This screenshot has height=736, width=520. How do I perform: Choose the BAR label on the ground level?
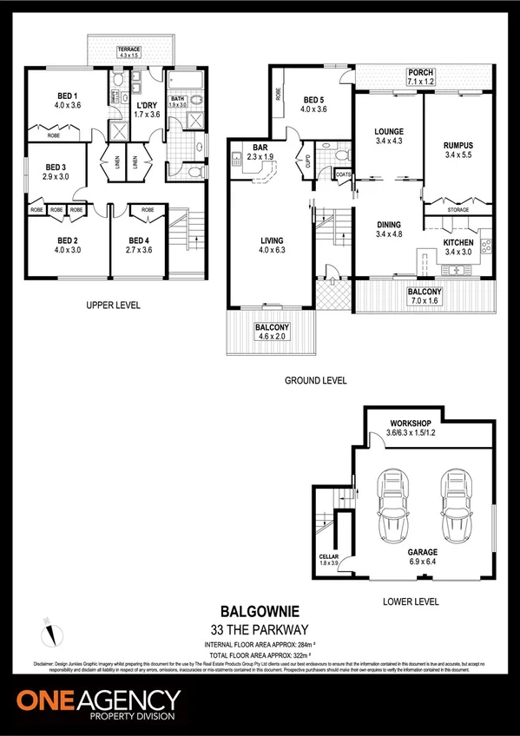point(260,148)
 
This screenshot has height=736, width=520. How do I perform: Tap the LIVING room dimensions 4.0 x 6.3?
point(272,251)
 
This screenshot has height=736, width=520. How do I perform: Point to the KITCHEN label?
point(458,242)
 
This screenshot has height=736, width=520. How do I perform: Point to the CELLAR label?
point(328,557)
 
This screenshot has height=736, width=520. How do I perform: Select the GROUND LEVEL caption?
point(316,380)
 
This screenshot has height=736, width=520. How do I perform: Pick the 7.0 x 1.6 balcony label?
point(425,300)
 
